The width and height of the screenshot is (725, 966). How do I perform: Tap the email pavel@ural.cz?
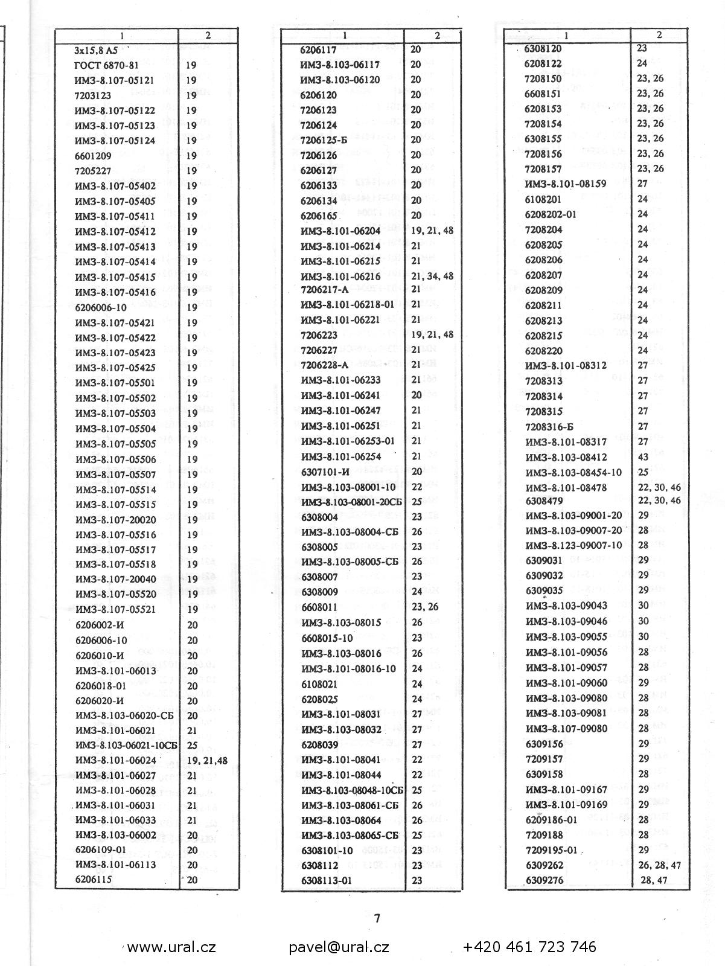click(x=339, y=947)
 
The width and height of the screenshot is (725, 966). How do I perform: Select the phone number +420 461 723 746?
click(x=529, y=947)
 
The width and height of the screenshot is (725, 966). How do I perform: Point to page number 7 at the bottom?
click(x=377, y=919)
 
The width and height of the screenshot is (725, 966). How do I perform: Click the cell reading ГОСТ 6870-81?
click(x=106, y=65)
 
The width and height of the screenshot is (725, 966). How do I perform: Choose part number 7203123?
click(x=93, y=95)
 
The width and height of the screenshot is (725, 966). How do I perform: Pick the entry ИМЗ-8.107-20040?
click(x=115, y=580)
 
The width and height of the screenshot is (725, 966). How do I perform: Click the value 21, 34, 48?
click(x=432, y=276)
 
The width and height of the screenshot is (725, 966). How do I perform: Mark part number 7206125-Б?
click(x=324, y=140)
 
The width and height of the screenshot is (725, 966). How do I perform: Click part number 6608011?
click(x=319, y=607)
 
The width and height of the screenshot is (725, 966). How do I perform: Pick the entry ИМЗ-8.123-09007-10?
click(x=573, y=545)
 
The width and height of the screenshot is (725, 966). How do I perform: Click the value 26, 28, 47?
click(x=659, y=865)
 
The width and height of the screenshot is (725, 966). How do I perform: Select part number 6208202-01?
click(x=551, y=214)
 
